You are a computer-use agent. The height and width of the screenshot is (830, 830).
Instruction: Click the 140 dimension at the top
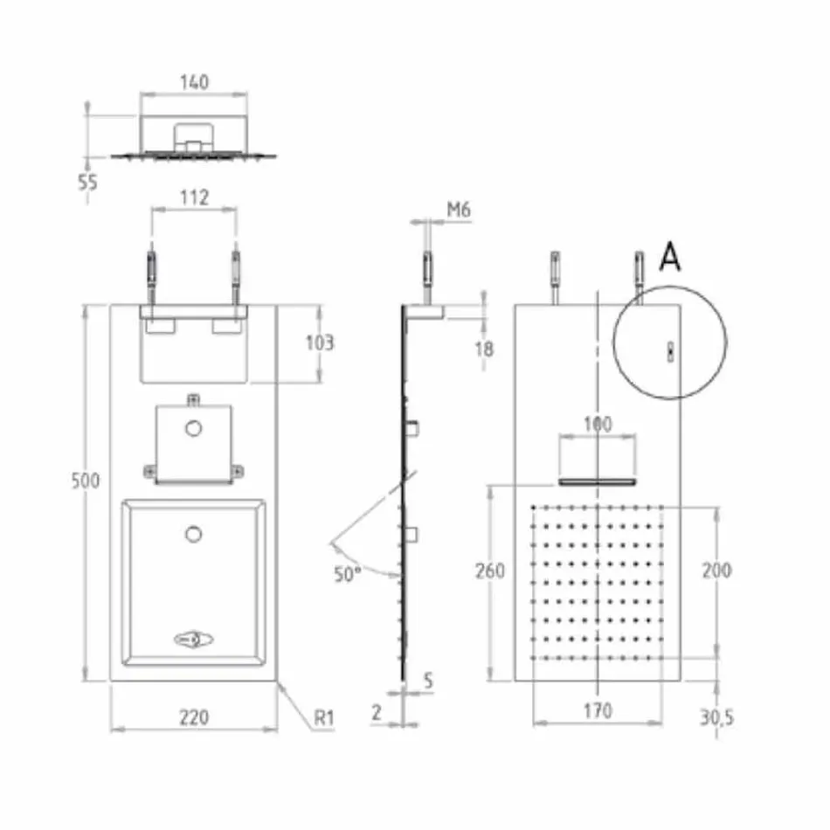(x=194, y=83)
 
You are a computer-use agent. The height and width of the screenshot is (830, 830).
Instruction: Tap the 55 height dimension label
(x=88, y=182)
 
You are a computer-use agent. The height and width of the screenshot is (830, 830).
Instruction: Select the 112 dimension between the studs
(x=194, y=198)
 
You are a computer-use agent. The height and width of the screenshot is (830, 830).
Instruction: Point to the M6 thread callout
(x=459, y=211)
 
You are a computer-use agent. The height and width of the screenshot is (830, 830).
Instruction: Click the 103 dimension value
(x=320, y=343)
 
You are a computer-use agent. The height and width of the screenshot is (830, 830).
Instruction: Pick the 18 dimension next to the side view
(x=484, y=349)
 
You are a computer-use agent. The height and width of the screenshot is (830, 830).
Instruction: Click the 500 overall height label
(x=86, y=481)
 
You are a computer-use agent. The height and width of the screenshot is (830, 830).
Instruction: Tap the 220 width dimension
(x=194, y=717)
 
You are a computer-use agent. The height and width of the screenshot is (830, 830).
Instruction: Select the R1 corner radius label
(x=324, y=718)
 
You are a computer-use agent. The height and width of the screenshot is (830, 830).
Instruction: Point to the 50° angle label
(x=348, y=574)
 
